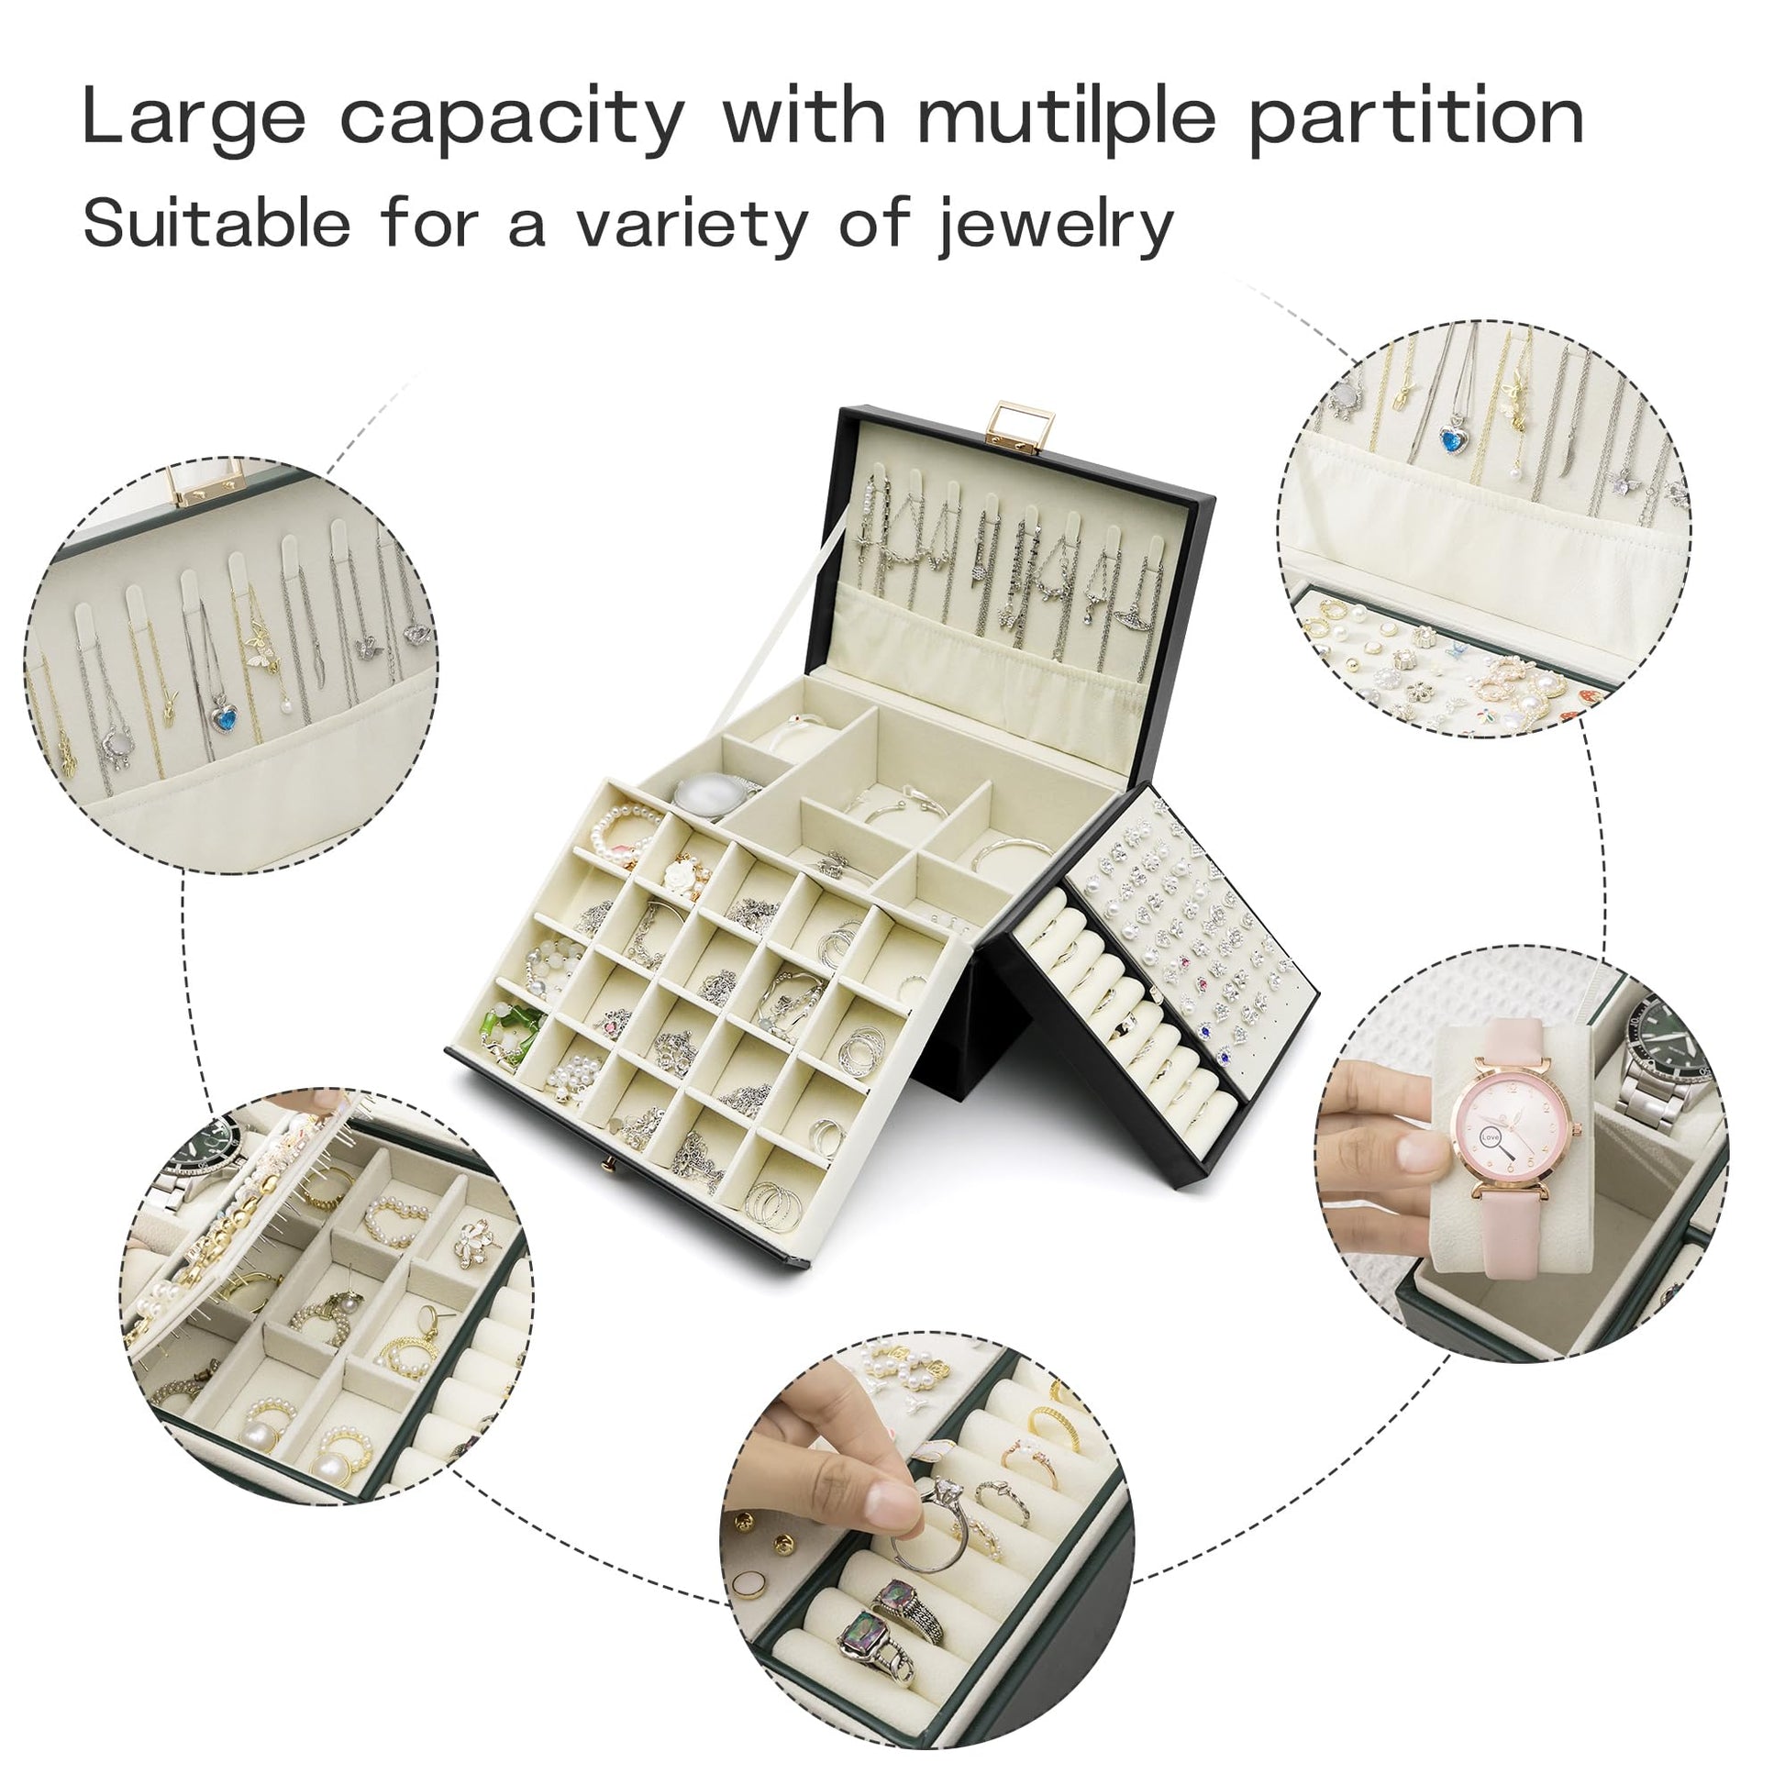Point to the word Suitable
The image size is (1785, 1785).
coord(217,221)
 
